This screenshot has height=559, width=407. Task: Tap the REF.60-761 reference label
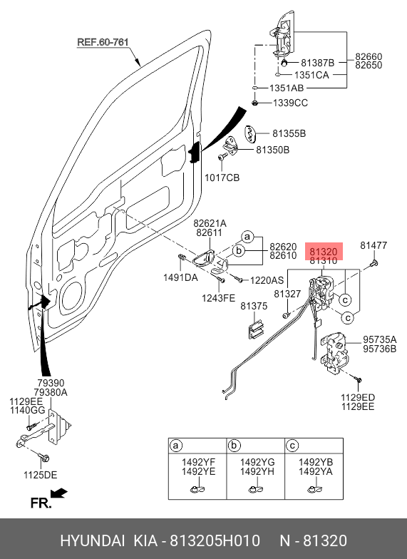click(x=103, y=42)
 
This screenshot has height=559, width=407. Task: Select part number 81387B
click(x=318, y=63)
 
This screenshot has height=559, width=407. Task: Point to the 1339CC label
click(x=290, y=103)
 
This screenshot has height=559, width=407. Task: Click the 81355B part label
click(x=289, y=133)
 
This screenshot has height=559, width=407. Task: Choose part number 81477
click(x=373, y=245)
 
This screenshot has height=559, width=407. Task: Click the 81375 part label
click(x=254, y=306)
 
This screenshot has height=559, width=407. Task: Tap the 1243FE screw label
click(x=218, y=298)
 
